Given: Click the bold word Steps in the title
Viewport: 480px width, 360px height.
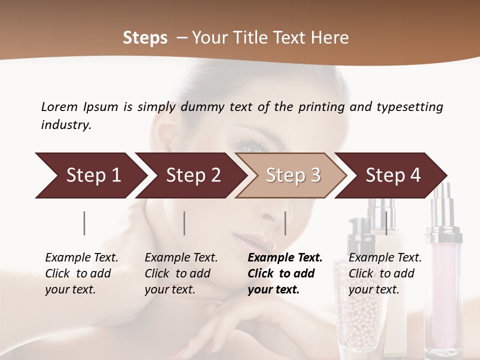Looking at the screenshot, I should click(145, 38).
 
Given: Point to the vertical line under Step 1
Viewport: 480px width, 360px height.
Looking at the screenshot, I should click(84, 223).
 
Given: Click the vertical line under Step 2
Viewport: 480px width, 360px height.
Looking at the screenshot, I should click(184, 223).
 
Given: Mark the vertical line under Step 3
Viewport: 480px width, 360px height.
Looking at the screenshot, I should click(285, 223).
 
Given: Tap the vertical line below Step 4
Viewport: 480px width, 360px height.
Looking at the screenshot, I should click(386, 223).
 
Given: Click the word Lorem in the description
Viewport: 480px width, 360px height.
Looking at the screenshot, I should click(59, 106).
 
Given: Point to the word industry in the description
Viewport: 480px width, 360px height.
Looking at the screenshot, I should click(65, 125).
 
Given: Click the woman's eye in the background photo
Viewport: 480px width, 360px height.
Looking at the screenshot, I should click(247, 146).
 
